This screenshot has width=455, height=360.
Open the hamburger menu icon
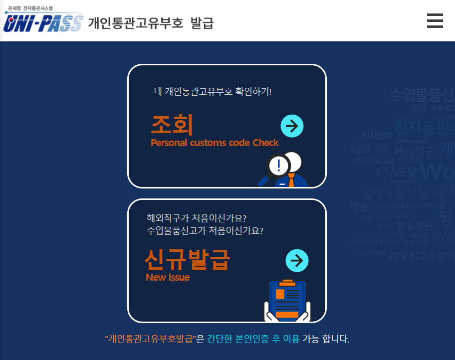coord(435,21)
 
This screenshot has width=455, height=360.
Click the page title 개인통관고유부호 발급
coord(151,23)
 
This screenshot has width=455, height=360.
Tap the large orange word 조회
coord(172,124)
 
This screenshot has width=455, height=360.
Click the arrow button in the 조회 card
coord(292,126)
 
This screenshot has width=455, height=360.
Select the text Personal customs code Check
coord(215,143)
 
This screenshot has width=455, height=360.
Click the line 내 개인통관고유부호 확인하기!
coord(213,92)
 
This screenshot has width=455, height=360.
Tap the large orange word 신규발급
coord(187,259)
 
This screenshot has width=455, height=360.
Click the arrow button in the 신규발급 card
coord(297,260)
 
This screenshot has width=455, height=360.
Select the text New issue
coord(168,278)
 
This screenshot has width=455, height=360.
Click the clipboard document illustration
coord(287,300)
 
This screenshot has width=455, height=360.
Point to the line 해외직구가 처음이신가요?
coord(197,218)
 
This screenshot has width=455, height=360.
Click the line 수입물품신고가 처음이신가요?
coord(205,231)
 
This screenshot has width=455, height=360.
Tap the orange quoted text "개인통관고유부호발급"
coord(150,340)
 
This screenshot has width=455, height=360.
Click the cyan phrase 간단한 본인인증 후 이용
coord(253,340)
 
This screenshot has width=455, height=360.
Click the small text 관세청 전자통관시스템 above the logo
coord(34,8)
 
